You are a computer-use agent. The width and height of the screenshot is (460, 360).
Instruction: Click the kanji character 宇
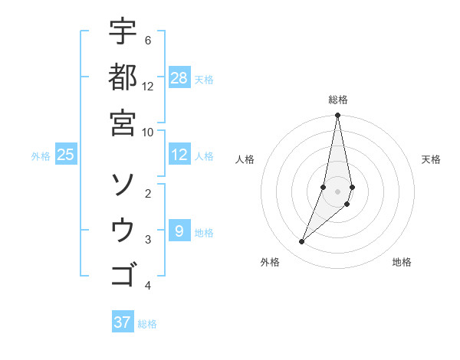click(123, 32)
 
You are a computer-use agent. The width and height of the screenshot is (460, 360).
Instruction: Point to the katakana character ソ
click(123, 185)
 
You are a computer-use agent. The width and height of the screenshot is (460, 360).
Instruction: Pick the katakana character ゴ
click(123, 274)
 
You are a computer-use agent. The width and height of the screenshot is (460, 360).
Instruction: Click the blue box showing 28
click(179, 78)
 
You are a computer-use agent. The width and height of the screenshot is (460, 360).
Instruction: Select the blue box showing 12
click(179, 155)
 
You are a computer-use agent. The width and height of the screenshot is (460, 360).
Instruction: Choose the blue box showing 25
click(66, 155)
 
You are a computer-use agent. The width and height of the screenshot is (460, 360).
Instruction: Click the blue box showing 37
click(123, 322)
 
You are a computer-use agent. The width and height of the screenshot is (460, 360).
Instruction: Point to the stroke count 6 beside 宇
click(147, 40)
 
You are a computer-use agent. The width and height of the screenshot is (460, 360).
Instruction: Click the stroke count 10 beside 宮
click(148, 131)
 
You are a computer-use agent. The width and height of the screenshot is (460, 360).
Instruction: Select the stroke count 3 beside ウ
click(148, 240)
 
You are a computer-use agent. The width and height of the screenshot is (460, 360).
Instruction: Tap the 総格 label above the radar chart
click(337, 100)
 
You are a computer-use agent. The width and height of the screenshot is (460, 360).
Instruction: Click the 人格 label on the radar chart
click(245, 159)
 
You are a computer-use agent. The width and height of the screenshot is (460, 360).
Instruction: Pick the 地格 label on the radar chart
click(402, 262)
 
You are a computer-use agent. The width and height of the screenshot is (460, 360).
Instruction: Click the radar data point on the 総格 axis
click(337, 116)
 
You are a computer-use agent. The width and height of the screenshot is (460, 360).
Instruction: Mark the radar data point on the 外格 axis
click(302, 241)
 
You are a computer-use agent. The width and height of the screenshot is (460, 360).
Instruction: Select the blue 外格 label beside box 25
click(41, 156)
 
